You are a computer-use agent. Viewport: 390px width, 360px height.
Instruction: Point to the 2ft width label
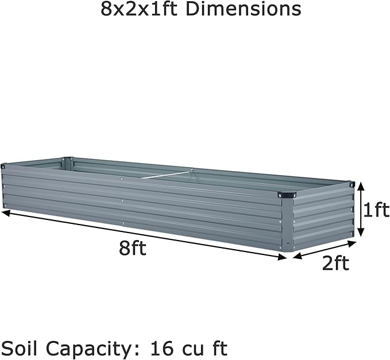tap(335, 264)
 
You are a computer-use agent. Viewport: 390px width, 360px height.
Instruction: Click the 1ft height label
tap(376, 211)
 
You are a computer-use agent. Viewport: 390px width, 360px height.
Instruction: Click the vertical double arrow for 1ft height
tap(361, 210)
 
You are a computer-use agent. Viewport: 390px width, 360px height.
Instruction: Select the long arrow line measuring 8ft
tap(144, 235)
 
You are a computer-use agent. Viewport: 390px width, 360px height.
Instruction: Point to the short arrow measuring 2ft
tap(324, 249)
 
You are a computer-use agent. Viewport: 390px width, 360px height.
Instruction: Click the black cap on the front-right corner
tap(285, 196)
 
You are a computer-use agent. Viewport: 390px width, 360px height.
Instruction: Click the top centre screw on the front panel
tap(122, 180)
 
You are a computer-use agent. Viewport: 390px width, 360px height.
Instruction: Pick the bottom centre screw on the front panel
tap(122, 222)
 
